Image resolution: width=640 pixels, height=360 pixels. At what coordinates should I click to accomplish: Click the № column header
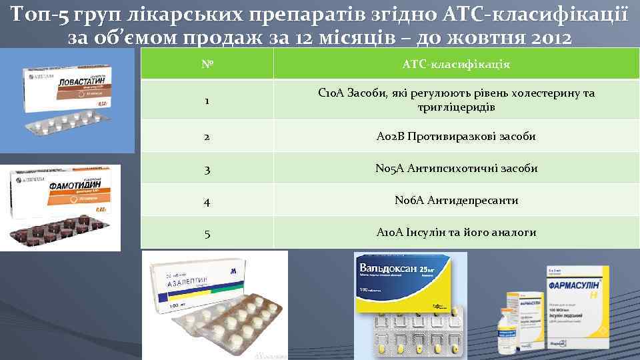coord(207,65)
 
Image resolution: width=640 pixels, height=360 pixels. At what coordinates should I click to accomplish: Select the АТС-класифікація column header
coord(456,65)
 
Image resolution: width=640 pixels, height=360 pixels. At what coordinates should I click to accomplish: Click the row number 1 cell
coord(207,101)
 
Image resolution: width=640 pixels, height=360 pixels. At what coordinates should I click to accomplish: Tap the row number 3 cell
coord(207,169)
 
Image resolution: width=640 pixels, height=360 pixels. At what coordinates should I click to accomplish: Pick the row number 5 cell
coord(207,233)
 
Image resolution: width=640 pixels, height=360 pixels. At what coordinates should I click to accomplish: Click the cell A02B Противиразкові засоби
coord(456,137)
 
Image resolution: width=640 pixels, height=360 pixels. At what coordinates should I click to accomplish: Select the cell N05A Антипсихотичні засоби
coord(456,169)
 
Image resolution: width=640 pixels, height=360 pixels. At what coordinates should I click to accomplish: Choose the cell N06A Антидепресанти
coord(456,201)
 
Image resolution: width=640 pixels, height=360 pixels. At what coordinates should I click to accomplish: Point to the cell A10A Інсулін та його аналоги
coord(456,233)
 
